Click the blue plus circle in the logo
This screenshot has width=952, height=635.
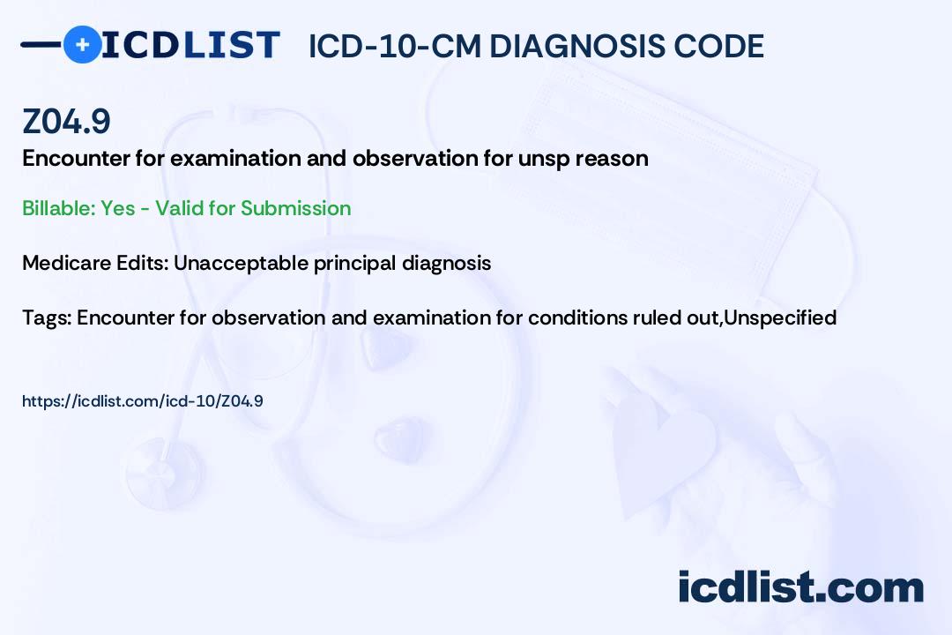[82, 44]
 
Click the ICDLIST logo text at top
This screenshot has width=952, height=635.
[190, 45]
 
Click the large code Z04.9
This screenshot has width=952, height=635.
[66, 121]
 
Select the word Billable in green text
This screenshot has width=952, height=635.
[58, 208]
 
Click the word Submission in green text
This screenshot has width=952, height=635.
[295, 208]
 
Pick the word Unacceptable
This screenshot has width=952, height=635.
[241, 263]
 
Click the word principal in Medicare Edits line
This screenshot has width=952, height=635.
[354, 264]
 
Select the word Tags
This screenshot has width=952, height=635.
[46, 317]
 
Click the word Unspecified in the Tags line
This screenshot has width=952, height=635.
[780, 317]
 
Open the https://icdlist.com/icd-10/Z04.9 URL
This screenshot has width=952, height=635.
[143, 401]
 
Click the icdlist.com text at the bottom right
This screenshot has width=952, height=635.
[800, 587]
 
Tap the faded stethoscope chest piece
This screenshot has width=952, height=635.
[164, 471]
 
